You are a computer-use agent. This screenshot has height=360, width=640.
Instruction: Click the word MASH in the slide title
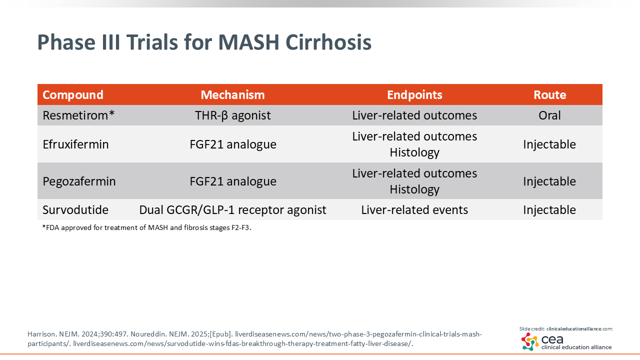click(x=248, y=42)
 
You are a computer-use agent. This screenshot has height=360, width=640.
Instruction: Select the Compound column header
click(x=73, y=95)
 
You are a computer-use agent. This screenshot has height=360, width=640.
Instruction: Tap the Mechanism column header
click(x=232, y=95)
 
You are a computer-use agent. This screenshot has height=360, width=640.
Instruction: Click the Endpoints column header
click(x=414, y=95)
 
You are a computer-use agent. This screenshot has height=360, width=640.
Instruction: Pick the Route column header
click(x=549, y=95)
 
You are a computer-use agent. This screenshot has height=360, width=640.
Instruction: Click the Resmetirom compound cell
click(x=78, y=115)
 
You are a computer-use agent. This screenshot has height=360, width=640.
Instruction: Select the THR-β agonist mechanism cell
click(x=232, y=115)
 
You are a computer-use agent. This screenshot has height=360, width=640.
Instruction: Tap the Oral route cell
click(x=549, y=115)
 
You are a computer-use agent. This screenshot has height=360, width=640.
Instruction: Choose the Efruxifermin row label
click(x=75, y=144)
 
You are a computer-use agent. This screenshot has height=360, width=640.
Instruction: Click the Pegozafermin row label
click(x=79, y=181)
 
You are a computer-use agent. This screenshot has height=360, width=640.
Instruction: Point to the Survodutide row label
click(x=75, y=210)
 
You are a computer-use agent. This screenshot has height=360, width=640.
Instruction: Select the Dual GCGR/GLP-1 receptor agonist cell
click(x=232, y=210)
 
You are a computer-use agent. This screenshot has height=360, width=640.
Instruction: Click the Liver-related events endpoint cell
click(x=414, y=210)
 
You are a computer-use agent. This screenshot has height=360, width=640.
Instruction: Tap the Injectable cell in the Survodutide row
click(x=549, y=210)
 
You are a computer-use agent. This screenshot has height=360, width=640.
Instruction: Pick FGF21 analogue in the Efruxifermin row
click(x=233, y=144)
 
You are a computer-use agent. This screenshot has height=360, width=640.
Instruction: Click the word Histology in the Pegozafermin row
click(x=414, y=189)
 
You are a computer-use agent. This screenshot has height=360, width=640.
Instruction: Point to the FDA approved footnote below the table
click(x=147, y=227)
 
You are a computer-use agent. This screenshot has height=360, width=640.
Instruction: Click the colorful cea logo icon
click(x=530, y=341)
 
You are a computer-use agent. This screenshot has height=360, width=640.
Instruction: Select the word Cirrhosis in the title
click(x=328, y=42)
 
